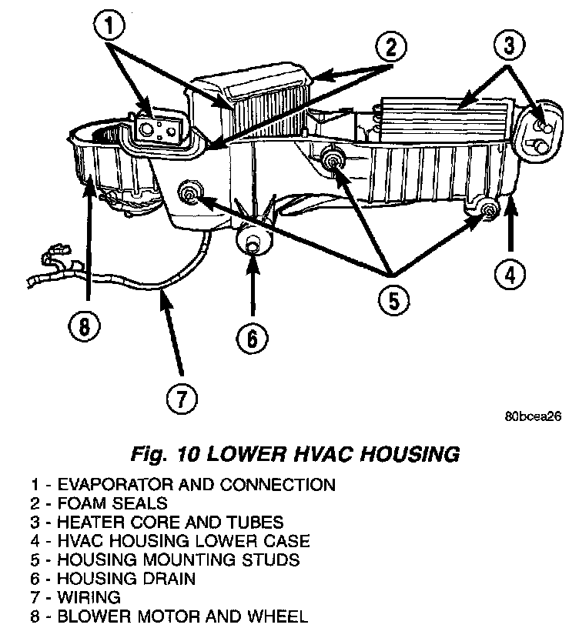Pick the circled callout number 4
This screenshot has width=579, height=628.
(x=509, y=272)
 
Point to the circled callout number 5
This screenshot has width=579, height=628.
(x=393, y=301)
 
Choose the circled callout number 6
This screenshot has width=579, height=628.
(x=253, y=336)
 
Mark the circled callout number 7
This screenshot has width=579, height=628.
(x=181, y=399)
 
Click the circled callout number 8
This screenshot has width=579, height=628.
(x=85, y=326)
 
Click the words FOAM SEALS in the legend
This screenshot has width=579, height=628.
(x=112, y=503)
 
